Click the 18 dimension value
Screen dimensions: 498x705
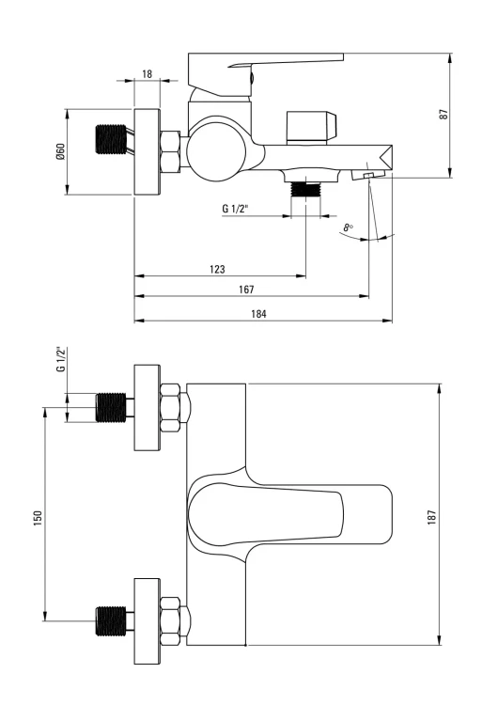point(147,73)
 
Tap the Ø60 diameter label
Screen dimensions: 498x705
point(60,152)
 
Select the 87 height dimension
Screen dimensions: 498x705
point(444,114)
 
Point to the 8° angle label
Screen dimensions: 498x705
point(349,227)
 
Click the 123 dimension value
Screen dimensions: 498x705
point(217,269)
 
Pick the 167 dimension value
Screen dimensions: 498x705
point(246,290)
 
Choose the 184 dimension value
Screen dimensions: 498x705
point(258,314)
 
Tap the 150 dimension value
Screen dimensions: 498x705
point(38,518)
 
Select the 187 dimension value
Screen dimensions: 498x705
point(431,518)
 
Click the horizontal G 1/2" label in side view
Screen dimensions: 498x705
point(236,209)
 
